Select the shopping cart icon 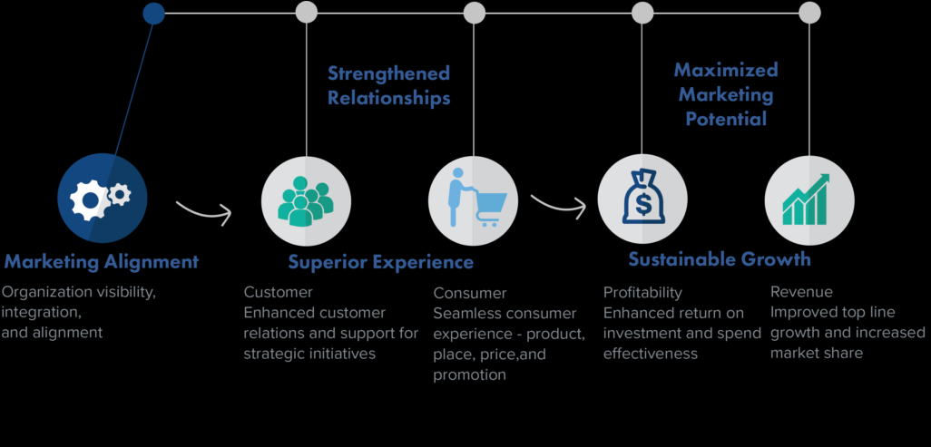pyautogui.click(x=474, y=199)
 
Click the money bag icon pyautogui.click(x=642, y=199)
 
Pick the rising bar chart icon pyautogui.click(x=808, y=199)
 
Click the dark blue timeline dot pyautogui.click(x=154, y=13)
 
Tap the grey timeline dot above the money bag pyautogui.click(x=642, y=13)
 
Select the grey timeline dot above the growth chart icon pyautogui.click(x=809, y=13)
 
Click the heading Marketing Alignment pyautogui.click(x=101, y=262)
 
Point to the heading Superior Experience pyautogui.click(x=381, y=262)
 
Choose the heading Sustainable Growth pyautogui.click(x=720, y=259)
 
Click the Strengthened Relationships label pyautogui.click(x=388, y=85)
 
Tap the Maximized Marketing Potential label pyautogui.click(x=726, y=93)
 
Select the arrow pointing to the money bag pyautogui.click(x=558, y=203)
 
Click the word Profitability pyautogui.click(x=642, y=293)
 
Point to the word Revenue pyautogui.click(x=801, y=292)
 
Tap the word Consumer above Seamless pyautogui.click(x=470, y=293)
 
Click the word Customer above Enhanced pyautogui.click(x=279, y=292)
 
